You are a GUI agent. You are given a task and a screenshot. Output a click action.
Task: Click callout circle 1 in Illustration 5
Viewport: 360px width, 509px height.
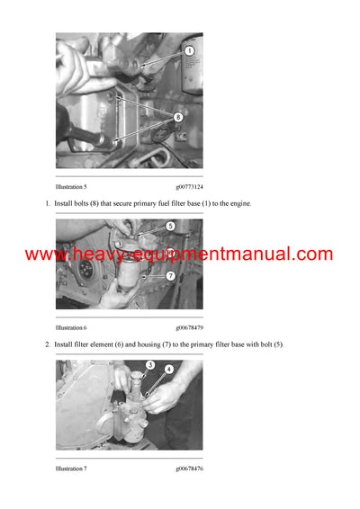point(189,51)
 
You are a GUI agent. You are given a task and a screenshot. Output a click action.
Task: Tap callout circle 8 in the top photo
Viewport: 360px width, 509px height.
point(177,116)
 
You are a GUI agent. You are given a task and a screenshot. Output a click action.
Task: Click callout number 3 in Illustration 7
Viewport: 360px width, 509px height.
point(150,365)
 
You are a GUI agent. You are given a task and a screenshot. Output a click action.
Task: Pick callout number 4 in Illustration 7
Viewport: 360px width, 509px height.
point(168,369)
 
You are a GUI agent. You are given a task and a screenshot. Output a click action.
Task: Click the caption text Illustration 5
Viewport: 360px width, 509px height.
point(71,186)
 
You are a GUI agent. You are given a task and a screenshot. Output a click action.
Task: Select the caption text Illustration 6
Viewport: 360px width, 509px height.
point(71,327)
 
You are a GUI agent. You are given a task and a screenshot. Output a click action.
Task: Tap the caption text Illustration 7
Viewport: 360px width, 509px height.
point(71,469)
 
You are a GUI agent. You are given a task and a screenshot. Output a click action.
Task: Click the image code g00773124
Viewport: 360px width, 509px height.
point(189,186)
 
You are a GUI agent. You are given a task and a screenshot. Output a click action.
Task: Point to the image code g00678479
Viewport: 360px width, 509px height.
point(189,327)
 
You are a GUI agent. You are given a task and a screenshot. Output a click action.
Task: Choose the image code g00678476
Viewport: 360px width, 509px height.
point(189,469)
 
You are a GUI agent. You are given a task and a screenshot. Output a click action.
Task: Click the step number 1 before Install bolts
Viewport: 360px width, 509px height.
point(47,204)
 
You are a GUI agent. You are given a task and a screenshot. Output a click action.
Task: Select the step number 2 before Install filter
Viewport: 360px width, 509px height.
point(47,344)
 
